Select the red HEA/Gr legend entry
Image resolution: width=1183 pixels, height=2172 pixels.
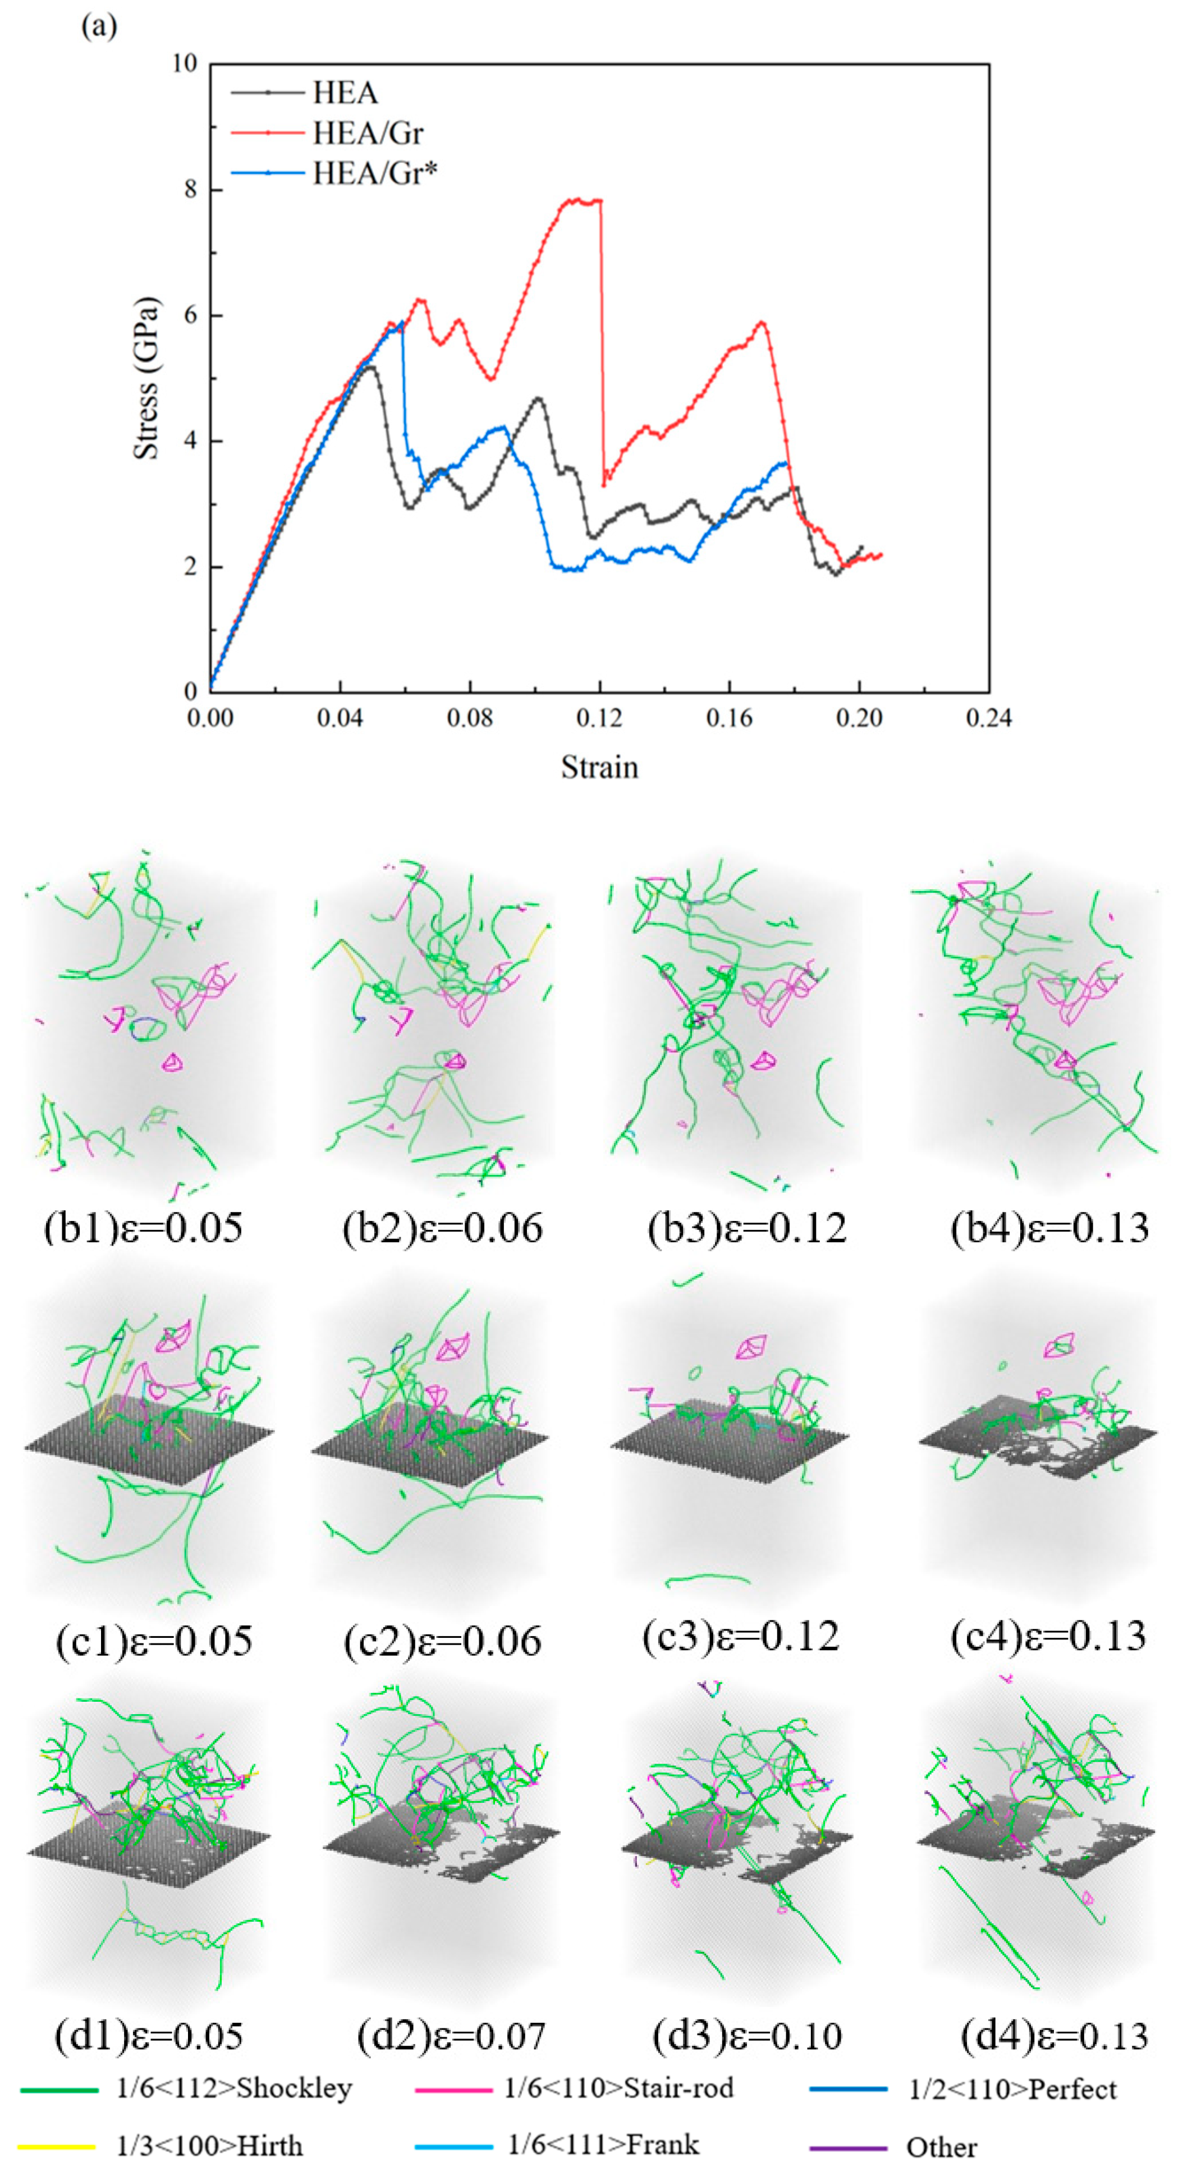pos(367,133)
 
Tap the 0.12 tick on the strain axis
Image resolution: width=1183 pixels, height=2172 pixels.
pos(599,718)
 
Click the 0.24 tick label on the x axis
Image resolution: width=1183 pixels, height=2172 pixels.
pos(988,718)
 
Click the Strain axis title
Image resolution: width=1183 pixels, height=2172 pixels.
pos(599,766)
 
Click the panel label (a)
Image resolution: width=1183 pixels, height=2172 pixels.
pos(99,26)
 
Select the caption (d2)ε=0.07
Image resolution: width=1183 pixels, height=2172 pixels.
pos(451,2036)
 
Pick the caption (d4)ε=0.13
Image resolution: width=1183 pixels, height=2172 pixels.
pos(1054,2036)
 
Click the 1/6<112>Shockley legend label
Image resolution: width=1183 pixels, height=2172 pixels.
pos(235,2088)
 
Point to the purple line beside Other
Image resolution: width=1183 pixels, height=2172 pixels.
pos(847,2147)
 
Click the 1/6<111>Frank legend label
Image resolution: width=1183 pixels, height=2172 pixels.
pos(603,2143)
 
